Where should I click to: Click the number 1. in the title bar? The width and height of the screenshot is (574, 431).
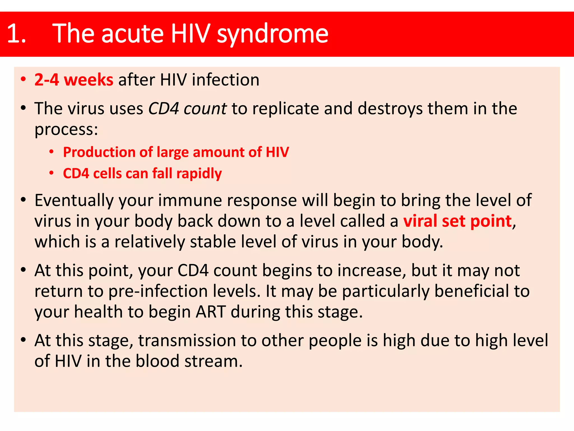point(16,34)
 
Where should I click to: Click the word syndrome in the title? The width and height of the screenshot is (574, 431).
point(272,34)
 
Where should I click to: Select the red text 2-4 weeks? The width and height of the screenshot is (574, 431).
point(74,80)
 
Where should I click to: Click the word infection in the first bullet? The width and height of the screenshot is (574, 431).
point(226,80)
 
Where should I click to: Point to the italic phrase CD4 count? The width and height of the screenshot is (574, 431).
point(187,109)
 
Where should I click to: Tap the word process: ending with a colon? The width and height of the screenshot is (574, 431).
point(66,129)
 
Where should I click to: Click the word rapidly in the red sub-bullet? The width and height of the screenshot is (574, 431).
point(199,173)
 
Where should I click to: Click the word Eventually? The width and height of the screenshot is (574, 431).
point(74,200)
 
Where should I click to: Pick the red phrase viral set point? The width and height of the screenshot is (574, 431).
point(457,221)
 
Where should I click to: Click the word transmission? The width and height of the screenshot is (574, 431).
point(187,340)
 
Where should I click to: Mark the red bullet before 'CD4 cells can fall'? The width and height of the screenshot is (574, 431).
point(51,173)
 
